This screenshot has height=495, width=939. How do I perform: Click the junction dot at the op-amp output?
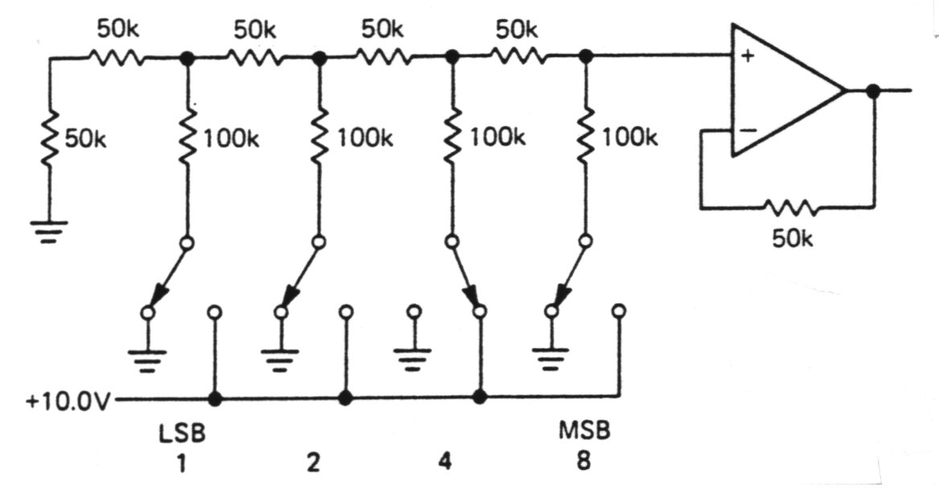(x=874, y=91)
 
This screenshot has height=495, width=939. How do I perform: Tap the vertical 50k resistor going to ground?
(x=50, y=138)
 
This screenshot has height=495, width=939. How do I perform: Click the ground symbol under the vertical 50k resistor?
(x=50, y=231)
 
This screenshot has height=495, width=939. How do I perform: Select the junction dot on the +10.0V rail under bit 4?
(x=479, y=397)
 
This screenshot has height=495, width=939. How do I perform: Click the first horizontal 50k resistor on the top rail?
(x=117, y=58)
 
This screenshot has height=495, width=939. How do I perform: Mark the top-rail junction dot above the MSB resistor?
(x=586, y=57)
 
